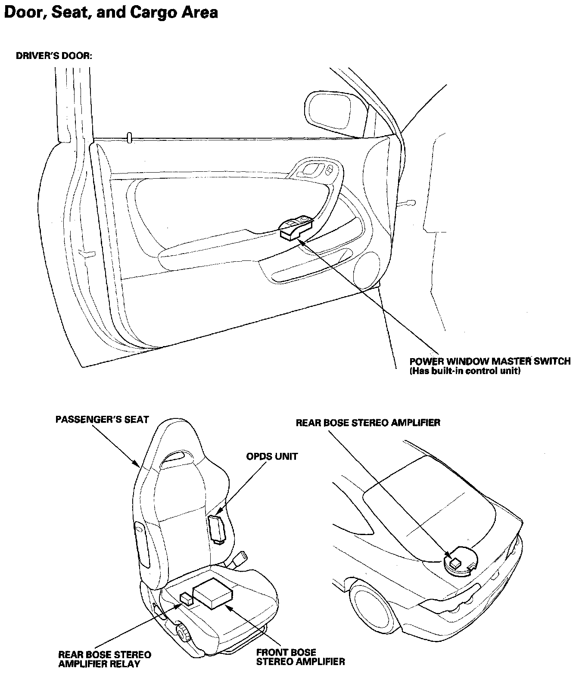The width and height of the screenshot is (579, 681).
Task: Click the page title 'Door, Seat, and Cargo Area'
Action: click(111, 12)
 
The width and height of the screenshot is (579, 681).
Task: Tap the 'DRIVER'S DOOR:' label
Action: click(54, 56)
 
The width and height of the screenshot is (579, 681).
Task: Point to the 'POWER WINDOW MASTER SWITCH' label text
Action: click(490, 361)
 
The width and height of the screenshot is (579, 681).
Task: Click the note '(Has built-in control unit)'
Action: click(465, 371)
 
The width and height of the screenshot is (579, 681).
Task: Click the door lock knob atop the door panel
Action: click(129, 137)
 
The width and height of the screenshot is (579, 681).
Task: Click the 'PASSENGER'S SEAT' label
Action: click(102, 419)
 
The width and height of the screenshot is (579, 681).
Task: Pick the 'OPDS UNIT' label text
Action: click(272, 456)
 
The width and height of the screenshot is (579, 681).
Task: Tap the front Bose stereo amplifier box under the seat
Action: click(213, 593)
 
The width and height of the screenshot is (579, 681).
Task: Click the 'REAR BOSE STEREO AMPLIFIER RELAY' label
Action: click(105, 659)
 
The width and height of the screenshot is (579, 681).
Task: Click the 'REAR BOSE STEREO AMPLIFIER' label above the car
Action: click(368, 422)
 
